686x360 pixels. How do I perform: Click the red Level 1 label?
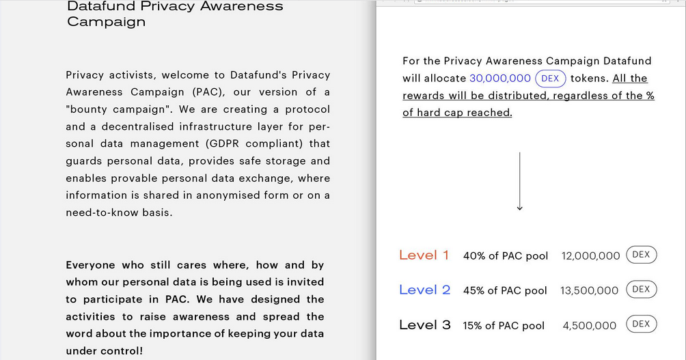[x=424, y=255]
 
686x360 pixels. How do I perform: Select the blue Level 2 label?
[x=424, y=290]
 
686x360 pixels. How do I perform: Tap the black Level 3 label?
[x=424, y=324]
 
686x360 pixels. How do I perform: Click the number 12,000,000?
[x=590, y=256]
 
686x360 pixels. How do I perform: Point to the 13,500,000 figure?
[x=589, y=290]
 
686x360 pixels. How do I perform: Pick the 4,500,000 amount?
[x=589, y=326]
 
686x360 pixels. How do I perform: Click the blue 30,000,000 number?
[x=500, y=79]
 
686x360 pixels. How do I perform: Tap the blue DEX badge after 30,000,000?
[x=550, y=79]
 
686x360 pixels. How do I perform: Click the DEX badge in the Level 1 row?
[x=641, y=255]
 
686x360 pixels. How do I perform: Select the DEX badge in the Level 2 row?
[x=641, y=289]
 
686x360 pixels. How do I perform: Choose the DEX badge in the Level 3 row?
[x=641, y=324]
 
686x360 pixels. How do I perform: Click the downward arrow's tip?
[x=519, y=208]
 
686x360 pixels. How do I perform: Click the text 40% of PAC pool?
[x=506, y=256]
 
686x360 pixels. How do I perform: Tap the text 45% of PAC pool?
[x=505, y=290]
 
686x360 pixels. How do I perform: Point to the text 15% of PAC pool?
[x=504, y=326]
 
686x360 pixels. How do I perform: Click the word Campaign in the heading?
[x=106, y=22]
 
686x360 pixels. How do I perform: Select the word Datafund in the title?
[x=100, y=6]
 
